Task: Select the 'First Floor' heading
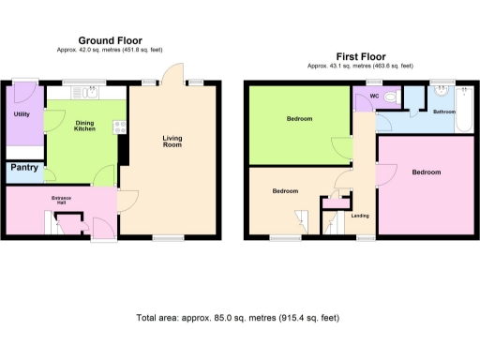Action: [360, 56]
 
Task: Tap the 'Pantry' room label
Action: [24, 169]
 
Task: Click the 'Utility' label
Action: [22, 114]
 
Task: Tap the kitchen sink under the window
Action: [91, 92]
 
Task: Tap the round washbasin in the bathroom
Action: [440, 93]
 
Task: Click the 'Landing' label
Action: [360, 217]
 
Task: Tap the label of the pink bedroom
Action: [426, 172]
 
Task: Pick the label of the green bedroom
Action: [299, 119]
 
